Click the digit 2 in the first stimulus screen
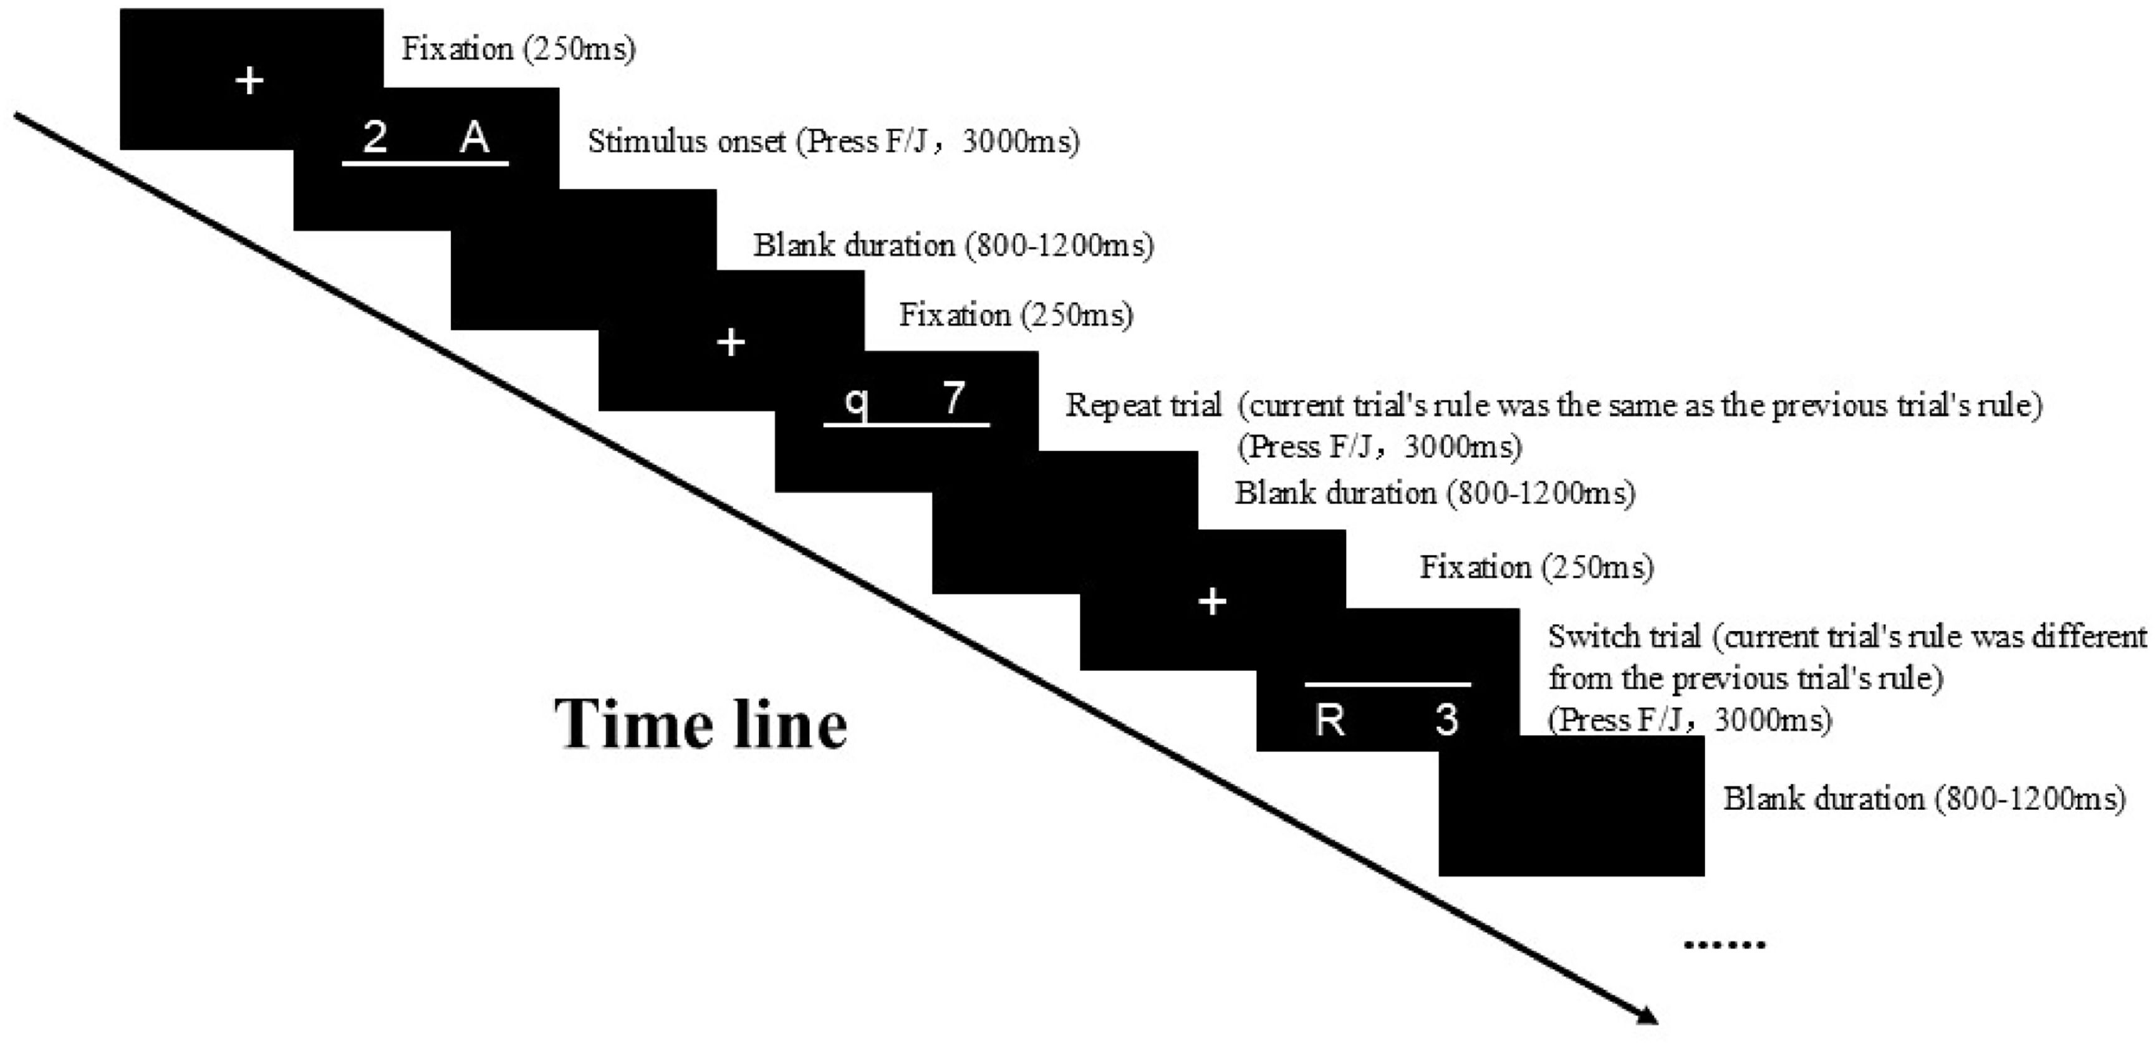click(375, 137)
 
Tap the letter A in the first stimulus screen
click(474, 137)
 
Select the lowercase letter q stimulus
click(855, 402)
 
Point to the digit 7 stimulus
click(953, 398)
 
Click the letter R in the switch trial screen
click(1329, 720)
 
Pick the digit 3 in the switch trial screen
click(1446, 720)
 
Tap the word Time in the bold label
click(630, 724)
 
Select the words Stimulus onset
click(686, 142)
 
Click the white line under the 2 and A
click(425, 163)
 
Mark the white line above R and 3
click(1388, 685)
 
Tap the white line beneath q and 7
click(907, 425)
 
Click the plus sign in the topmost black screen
click(249, 81)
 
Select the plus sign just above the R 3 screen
click(1213, 602)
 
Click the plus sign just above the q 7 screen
click(731, 342)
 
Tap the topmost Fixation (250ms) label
click(518, 49)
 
